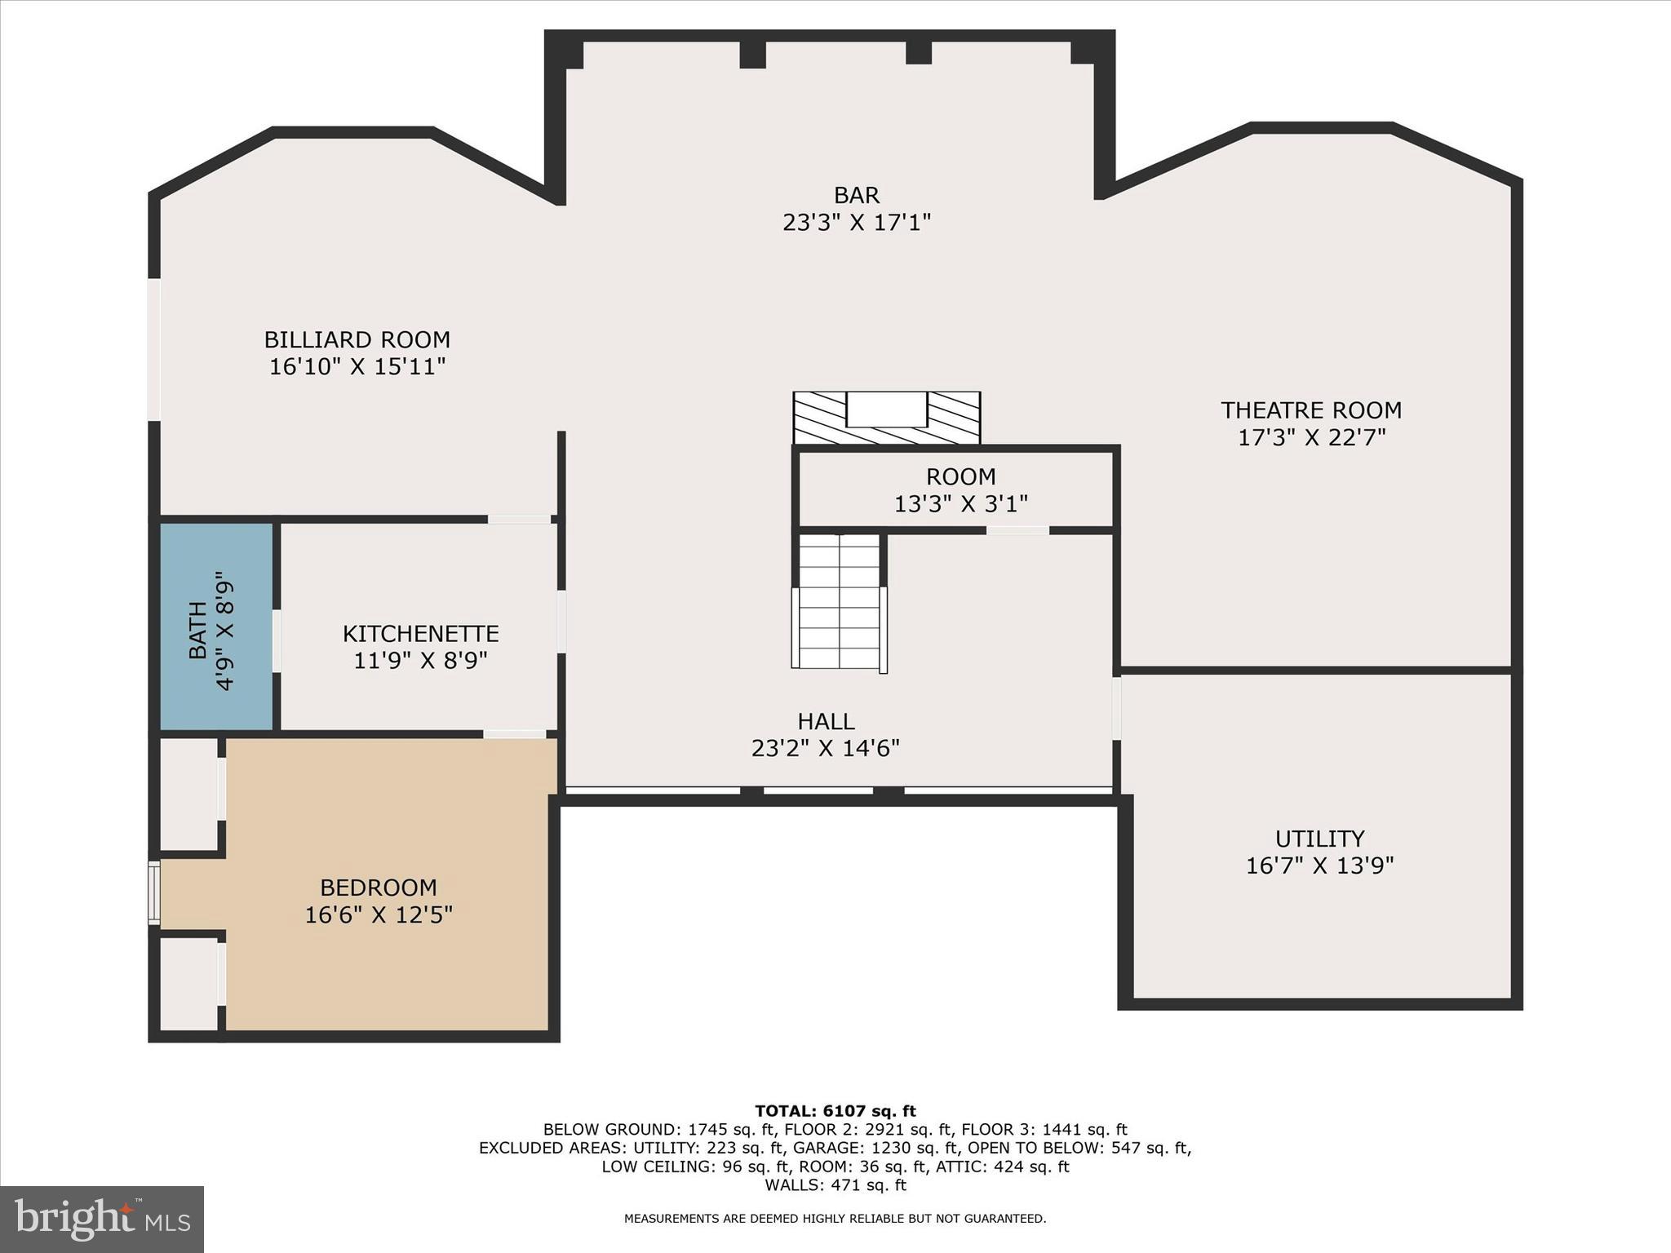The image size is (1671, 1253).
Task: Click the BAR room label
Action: click(856, 196)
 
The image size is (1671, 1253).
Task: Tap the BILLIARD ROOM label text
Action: click(357, 339)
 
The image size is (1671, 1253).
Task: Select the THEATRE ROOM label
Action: click(1310, 410)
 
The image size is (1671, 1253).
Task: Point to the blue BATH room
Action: click(215, 626)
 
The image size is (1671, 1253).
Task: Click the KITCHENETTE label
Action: click(420, 634)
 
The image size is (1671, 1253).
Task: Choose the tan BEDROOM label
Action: click(378, 888)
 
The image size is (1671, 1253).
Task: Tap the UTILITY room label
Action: click(1319, 839)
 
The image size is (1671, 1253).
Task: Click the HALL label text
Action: click(826, 721)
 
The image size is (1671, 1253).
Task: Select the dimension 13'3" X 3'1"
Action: click(960, 504)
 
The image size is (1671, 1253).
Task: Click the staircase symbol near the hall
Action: click(839, 602)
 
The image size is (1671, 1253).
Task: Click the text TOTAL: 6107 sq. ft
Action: click(835, 1111)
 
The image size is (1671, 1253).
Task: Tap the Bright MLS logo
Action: click(102, 1219)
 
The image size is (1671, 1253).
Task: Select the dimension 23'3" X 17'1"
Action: click(856, 223)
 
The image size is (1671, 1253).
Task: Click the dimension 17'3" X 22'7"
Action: click(1311, 438)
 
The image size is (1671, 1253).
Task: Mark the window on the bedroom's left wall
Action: click(153, 893)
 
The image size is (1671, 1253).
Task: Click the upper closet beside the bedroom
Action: click(188, 794)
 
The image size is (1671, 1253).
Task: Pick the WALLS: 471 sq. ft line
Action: click(835, 1185)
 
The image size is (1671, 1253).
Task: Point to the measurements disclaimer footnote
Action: click(835, 1219)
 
